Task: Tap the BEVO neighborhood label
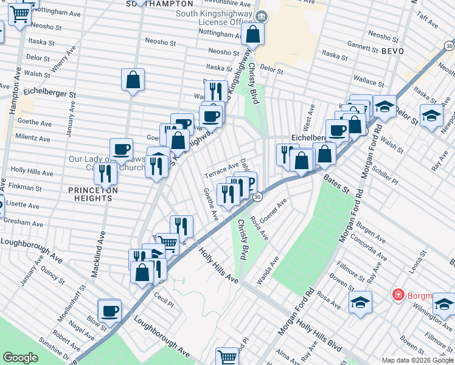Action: [x=392, y=51]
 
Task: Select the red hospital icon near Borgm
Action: [x=398, y=296]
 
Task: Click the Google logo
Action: [x=20, y=358]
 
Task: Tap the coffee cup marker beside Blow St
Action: [x=110, y=311]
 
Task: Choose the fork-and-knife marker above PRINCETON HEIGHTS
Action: [x=106, y=173]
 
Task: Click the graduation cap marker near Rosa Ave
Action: [x=360, y=302]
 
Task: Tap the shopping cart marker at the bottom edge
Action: [x=227, y=357]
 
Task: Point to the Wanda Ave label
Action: [x=267, y=270]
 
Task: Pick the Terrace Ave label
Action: [x=221, y=168]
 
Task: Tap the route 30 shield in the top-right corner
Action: [x=448, y=46]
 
